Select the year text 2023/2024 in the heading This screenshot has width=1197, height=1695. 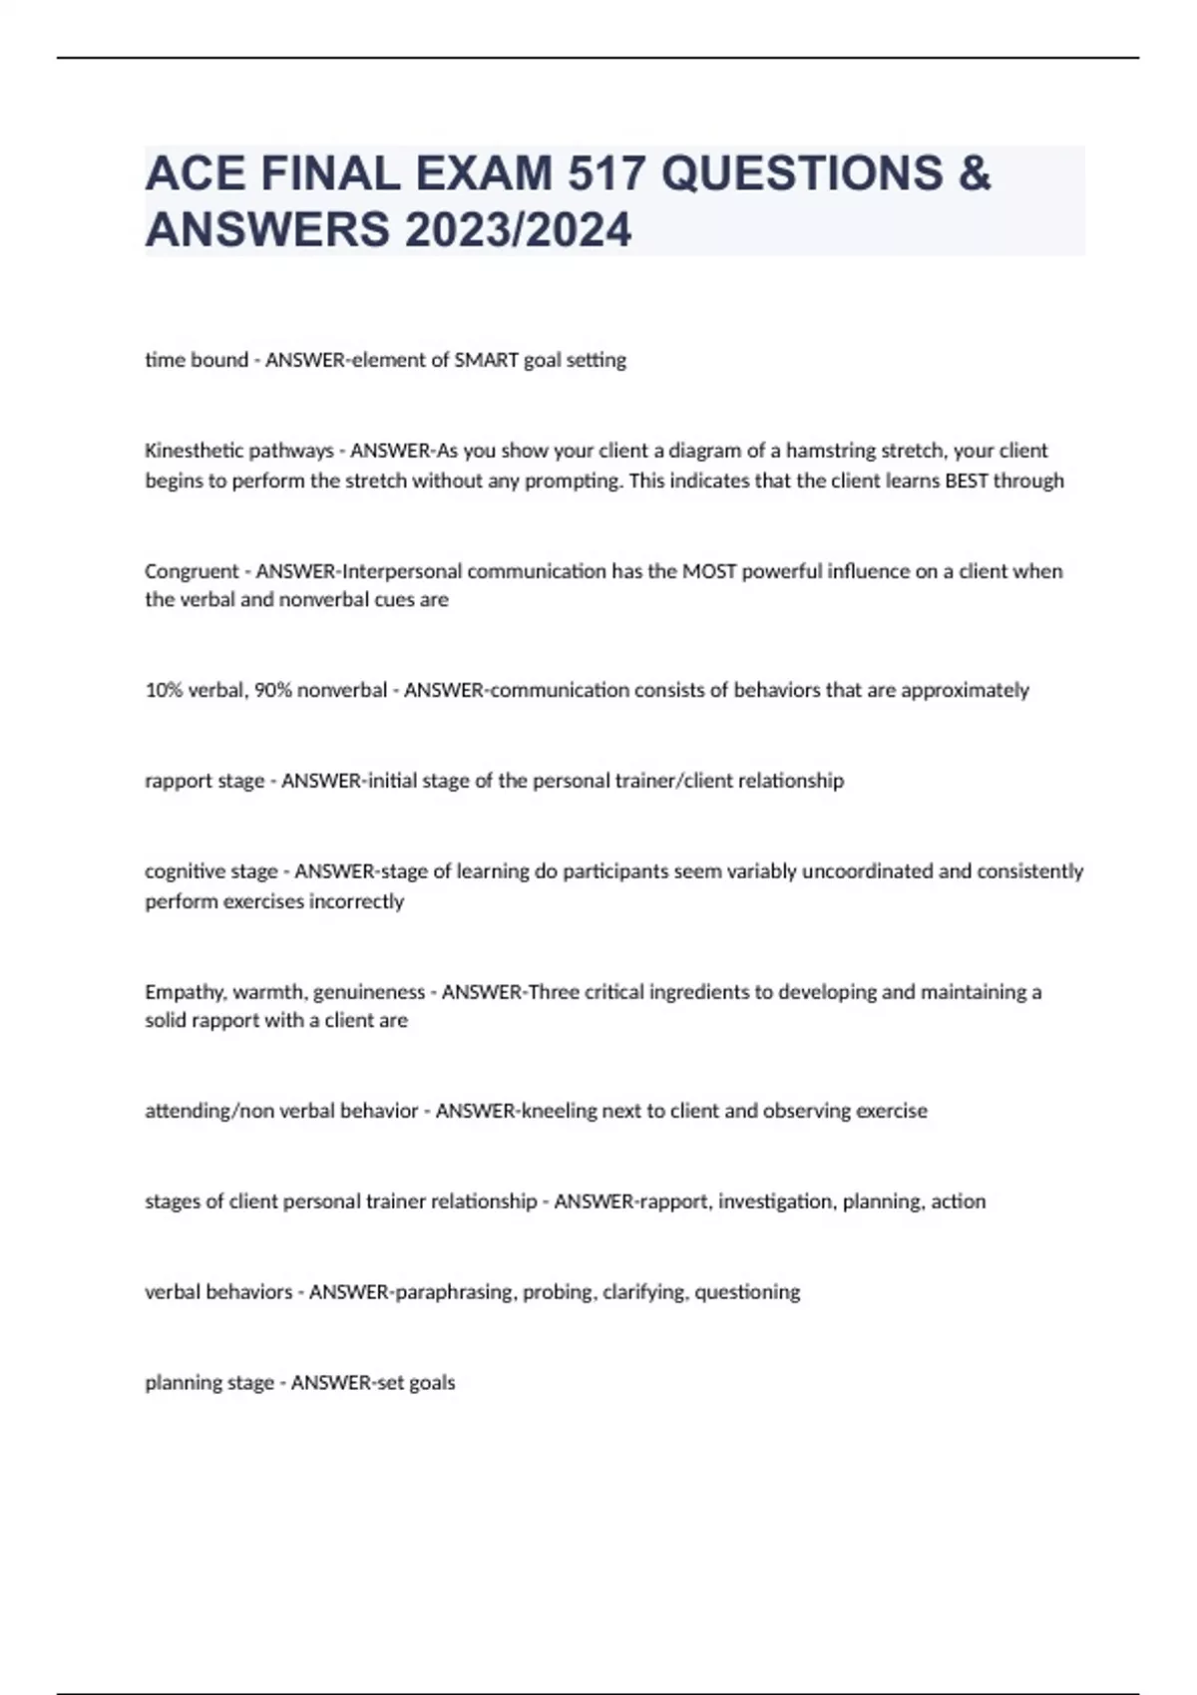point(518,230)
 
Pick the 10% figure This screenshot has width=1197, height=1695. point(164,690)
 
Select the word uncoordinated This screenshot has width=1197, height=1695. point(868,871)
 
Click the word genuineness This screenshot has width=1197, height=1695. point(369,992)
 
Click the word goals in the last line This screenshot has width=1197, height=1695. point(432,1383)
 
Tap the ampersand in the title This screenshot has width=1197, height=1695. point(975,173)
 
